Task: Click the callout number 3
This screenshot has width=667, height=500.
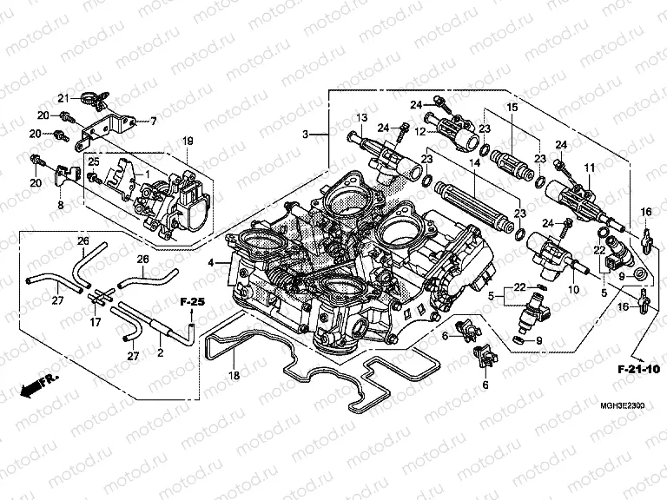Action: point(306,135)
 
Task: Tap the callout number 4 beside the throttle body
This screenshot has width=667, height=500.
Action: point(210,261)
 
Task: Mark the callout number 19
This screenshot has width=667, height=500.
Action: point(186,141)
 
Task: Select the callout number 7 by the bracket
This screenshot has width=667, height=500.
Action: point(154,120)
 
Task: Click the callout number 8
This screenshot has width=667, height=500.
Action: point(61,206)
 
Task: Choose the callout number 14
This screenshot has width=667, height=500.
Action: point(475,162)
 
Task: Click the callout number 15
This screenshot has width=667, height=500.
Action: point(512,107)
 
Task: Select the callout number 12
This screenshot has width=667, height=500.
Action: point(419,131)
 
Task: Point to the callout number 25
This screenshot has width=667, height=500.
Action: point(94,162)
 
